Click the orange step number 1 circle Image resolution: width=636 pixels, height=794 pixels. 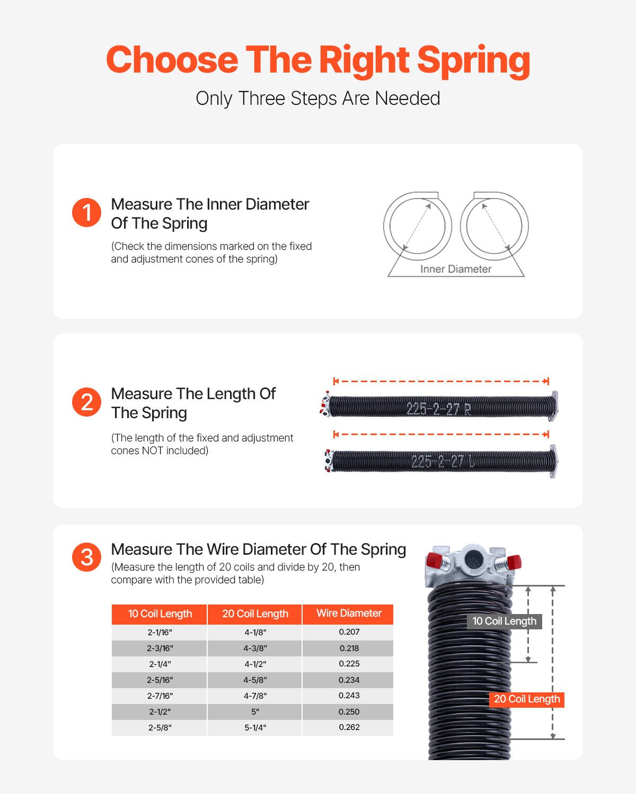click(86, 213)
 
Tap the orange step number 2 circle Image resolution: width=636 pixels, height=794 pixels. click(86, 402)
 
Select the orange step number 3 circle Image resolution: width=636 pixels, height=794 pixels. click(86, 557)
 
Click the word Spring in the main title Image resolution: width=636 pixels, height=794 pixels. click(473, 60)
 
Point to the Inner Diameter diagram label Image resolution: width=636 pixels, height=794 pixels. click(456, 269)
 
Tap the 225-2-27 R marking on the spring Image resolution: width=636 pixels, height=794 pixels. click(438, 409)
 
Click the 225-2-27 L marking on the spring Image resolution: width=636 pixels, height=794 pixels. click(443, 461)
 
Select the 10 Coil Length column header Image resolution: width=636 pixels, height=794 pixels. click(160, 614)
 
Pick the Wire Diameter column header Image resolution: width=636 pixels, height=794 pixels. click(349, 613)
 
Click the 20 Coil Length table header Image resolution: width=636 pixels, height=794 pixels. click(255, 614)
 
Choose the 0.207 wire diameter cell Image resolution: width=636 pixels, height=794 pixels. click(349, 632)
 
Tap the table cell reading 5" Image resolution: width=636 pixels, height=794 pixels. click(255, 712)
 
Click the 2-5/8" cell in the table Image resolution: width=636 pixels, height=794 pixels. click(160, 728)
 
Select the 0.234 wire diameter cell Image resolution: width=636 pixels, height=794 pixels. click(349, 680)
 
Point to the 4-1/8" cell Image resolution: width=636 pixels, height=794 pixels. click(255, 632)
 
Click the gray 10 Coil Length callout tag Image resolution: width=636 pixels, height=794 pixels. click(504, 621)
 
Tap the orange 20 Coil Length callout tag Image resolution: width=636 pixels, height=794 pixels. click(526, 699)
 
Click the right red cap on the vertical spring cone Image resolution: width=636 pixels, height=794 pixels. click(513, 561)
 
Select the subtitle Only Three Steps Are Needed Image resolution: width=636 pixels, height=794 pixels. click(318, 98)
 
